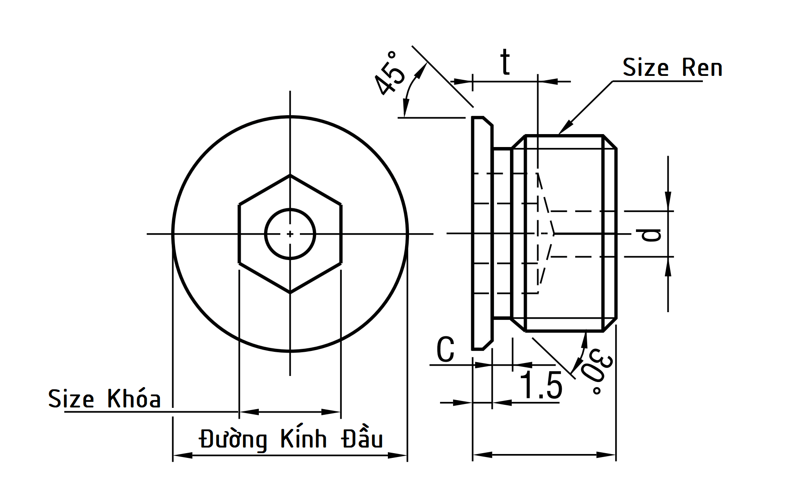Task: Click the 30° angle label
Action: (598, 372)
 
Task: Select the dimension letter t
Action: (505, 63)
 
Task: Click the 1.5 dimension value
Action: (541, 385)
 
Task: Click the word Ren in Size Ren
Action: (702, 68)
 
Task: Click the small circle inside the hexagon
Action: (290, 234)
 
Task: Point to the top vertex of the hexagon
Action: (290, 175)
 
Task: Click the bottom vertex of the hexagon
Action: (290, 293)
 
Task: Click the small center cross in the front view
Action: (290, 234)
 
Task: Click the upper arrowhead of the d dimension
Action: (668, 203)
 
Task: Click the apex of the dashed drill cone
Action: (554, 234)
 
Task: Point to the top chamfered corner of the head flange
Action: (488, 121)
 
